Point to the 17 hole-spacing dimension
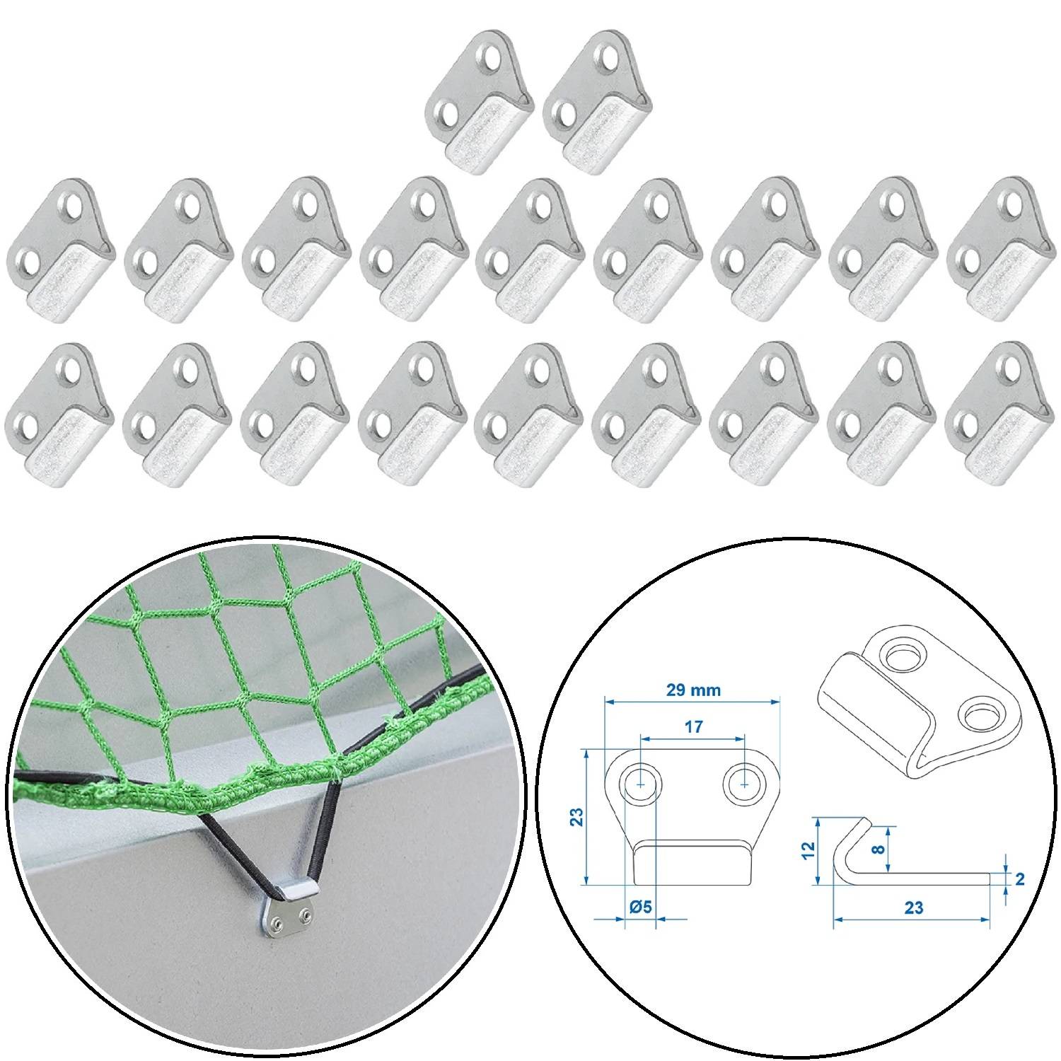tap(694, 726)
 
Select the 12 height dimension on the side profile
tap(811, 850)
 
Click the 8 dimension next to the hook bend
tap(879, 849)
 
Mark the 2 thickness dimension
tap(1019, 879)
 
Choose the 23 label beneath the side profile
tap(913, 908)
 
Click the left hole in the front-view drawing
tap(641, 784)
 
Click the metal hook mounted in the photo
tap(289, 910)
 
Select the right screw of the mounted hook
tap(305, 917)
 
